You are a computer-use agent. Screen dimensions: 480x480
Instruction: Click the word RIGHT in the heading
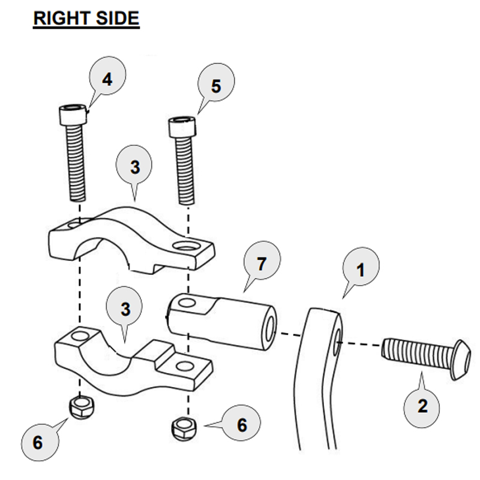click(x=59, y=18)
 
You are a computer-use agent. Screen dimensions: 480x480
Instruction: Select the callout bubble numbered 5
click(x=215, y=86)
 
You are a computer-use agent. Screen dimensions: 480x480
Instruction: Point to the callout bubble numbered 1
click(x=360, y=269)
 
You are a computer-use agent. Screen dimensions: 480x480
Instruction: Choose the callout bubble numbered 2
click(x=422, y=406)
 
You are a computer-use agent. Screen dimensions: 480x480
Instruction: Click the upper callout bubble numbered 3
click(x=135, y=167)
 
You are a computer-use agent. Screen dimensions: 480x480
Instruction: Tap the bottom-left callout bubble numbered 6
click(x=37, y=443)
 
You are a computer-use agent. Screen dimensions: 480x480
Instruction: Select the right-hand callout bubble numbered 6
click(x=241, y=425)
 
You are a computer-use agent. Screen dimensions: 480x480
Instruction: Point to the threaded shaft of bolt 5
click(x=185, y=171)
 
